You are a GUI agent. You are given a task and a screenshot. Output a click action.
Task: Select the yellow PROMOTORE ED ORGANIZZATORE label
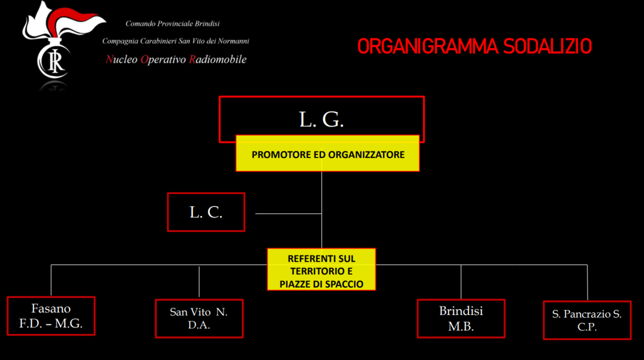click(328, 155)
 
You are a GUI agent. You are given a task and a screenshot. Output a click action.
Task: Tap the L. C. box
click(206, 212)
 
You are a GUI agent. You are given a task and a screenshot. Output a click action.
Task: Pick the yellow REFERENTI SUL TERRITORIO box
click(321, 269)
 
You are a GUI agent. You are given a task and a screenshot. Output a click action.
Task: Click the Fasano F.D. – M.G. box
click(51, 316)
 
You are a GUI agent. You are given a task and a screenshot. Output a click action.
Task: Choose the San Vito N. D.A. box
click(199, 318)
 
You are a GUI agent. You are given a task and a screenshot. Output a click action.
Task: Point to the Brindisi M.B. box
click(461, 319)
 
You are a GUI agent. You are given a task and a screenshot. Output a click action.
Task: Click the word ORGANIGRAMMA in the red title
click(427, 47)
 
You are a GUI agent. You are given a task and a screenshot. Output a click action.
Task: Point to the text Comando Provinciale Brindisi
click(172, 24)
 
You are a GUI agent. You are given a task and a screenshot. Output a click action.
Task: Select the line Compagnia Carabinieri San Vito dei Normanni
click(175, 41)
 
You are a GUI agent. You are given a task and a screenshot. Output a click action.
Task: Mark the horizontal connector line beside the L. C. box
click(288, 214)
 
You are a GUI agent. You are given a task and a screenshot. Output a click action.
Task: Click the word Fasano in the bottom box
click(51, 309)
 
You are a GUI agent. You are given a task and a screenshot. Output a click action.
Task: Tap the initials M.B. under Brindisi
click(461, 327)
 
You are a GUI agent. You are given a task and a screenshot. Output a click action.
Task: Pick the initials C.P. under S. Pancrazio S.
click(587, 327)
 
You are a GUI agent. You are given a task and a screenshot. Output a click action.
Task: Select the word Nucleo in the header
click(121, 60)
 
